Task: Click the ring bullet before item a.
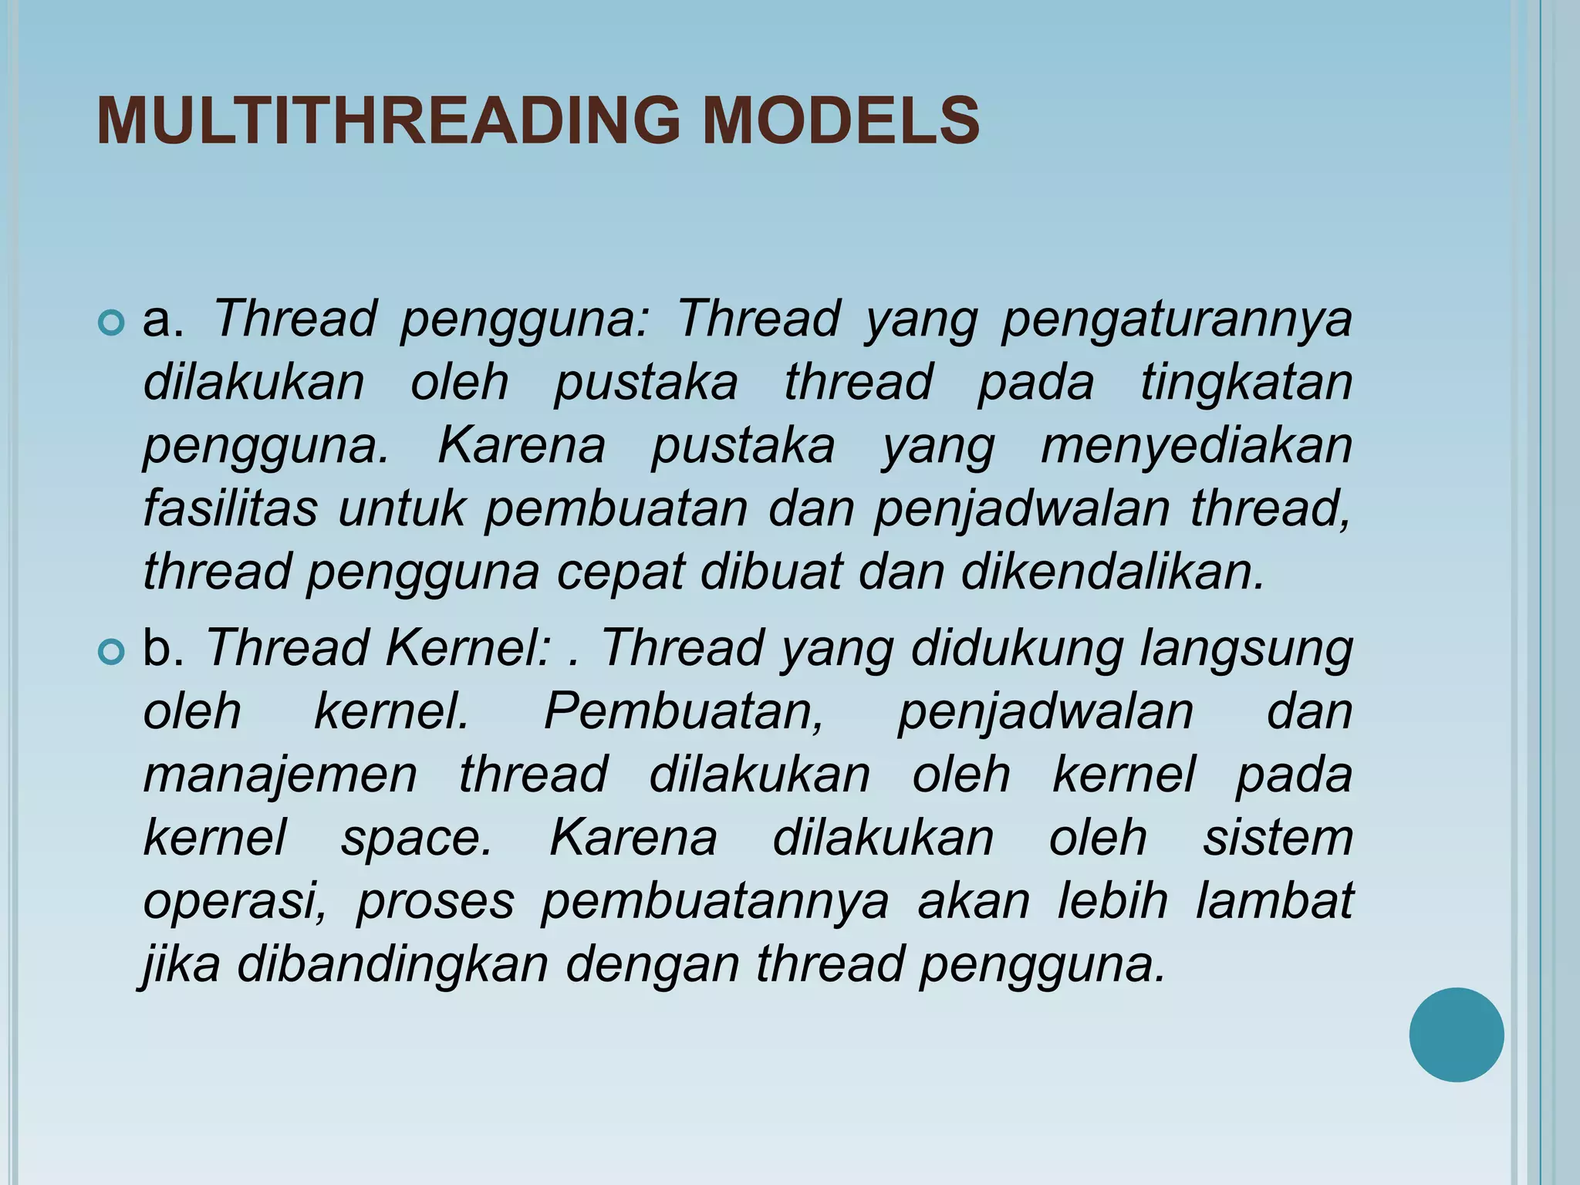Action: click(x=112, y=322)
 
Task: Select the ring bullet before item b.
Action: click(x=112, y=653)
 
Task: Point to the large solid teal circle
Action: click(x=1456, y=1035)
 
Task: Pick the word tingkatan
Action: click(x=1246, y=383)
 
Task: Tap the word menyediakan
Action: click(x=1197, y=447)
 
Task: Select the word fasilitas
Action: click(x=230, y=509)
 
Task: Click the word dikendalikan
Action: click(x=1112, y=572)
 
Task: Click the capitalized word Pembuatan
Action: click(x=684, y=711)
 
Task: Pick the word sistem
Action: click(x=1278, y=838)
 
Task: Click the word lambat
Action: click(x=1274, y=901)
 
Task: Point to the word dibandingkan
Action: click(x=392, y=964)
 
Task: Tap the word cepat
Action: click(x=621, y=574)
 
